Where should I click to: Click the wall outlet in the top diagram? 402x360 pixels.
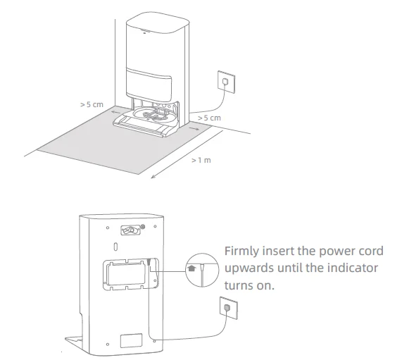pyautogui.click(x=227, y=82)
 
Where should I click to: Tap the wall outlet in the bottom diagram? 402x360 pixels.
pyautogui.click(x=229, y=308)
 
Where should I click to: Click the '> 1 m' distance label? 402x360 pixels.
pyautogui.click(x=201, y=160)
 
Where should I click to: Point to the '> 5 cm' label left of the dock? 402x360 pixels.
pyautogui.click(x=92, y=105)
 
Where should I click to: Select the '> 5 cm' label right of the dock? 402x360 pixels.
pyautogui.click(x=209, y=118)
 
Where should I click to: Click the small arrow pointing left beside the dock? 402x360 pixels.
pyautogui.click(x=116, y=113)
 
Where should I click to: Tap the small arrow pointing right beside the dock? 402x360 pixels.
pyautogui.click(x=194, y=128)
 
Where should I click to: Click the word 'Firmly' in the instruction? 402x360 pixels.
pyautogui.click(x=241, y=252)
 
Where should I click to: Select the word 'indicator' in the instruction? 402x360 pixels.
pyautogui.click(x=353, y=268)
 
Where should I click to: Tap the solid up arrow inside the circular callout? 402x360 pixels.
pyautogui.click(x=191, y=268)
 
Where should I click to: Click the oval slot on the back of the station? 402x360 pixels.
pyautogui.click(x=115, y=247)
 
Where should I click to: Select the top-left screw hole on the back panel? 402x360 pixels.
pyautogui.click(x=108, y=228)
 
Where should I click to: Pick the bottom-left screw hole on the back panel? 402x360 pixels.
pyautogui.click(x=108, y=344)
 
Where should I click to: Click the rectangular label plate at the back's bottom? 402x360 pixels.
pyautogui.click(x=131, y=340)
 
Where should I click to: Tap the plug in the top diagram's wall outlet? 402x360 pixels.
pyautogui.click(x=225, y=82)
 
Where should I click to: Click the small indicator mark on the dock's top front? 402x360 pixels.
pyautogui.click(x=144, y=32)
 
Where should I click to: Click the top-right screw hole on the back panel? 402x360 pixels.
pyautogui.click(x=155, y=226)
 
